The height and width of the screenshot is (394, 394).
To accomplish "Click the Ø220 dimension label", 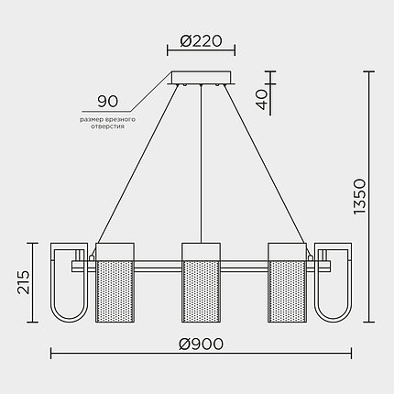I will coord(202,41).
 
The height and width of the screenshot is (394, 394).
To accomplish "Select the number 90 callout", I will coord(108,101).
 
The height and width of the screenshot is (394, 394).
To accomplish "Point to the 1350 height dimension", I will coord(358,198).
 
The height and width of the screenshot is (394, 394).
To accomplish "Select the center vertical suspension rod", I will coord(202,165).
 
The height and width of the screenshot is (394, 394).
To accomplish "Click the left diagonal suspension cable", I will coord(137,165).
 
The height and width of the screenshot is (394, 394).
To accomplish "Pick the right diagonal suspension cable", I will coord(266,165).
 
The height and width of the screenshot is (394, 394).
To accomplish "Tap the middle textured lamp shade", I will coord(202,291).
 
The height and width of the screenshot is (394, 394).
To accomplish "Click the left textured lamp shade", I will coord(115,291).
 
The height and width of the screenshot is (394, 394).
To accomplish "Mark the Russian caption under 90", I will coord(108,122).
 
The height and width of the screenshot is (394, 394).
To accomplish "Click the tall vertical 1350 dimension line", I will coord(371,198).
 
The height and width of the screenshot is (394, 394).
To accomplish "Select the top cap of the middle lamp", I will coord(202,251).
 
